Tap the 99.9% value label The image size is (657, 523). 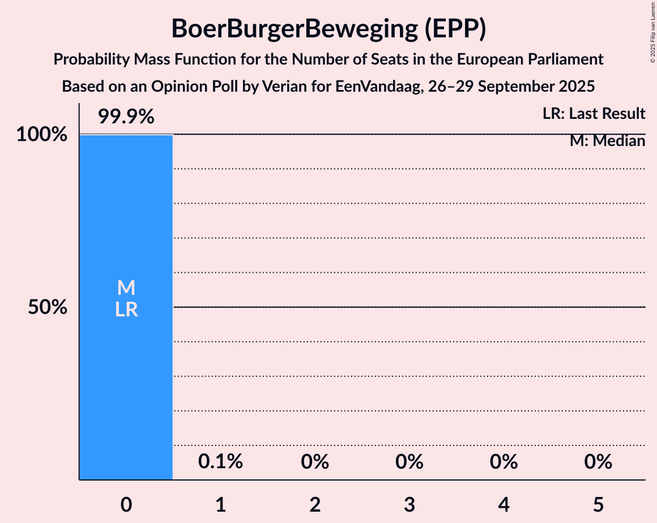[126, 117]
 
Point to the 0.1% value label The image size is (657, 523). [220, 462]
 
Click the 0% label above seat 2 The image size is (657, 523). [315, 462]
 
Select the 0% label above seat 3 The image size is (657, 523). [409, 462]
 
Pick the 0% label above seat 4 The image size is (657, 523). [504, 462]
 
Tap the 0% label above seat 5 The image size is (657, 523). [598, 462]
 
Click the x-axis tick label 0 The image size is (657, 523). [126, 504]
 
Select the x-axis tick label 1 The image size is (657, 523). [220, 504]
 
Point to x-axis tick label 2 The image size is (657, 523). [315, 504]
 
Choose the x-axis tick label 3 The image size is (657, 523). [409, 504]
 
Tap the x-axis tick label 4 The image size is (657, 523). [504, 504]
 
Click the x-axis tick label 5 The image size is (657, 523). [598, 504]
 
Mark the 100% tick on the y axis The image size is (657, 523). [41, 135]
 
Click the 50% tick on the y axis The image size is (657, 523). [48, 307]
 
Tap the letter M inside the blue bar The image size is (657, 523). [126, 288]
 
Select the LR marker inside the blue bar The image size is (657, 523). [126, 310]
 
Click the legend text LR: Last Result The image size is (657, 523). [594, 114]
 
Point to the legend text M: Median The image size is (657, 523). [607, 141]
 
